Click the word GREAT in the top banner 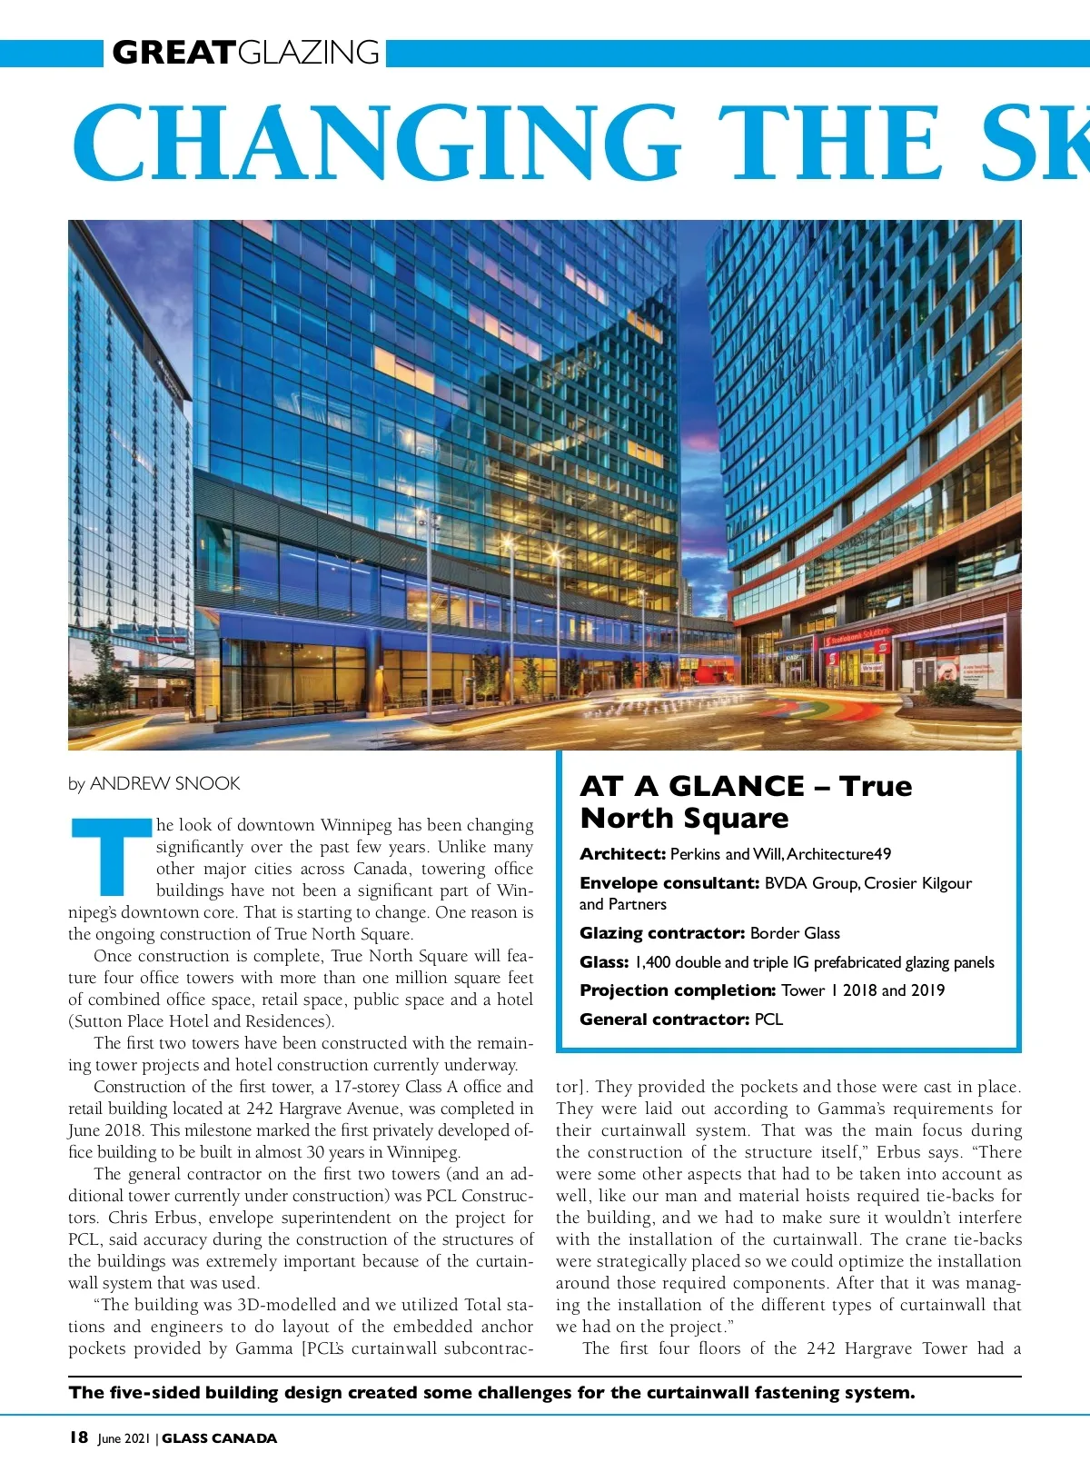(173, 53)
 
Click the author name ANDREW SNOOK (164, 783)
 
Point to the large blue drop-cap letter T (111, 856)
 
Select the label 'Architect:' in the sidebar (622, 854)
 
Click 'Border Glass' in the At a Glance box (795, 933)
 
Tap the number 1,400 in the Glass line (652, 962)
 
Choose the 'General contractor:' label (665, 1019)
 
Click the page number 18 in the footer (78, 1437)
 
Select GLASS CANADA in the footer (219, 1438)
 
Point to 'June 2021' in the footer (124, 1438)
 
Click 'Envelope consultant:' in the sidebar (669, 883)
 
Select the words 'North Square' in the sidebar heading (684, 818)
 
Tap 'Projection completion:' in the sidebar (677, 990)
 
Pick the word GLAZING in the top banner (309, 53)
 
